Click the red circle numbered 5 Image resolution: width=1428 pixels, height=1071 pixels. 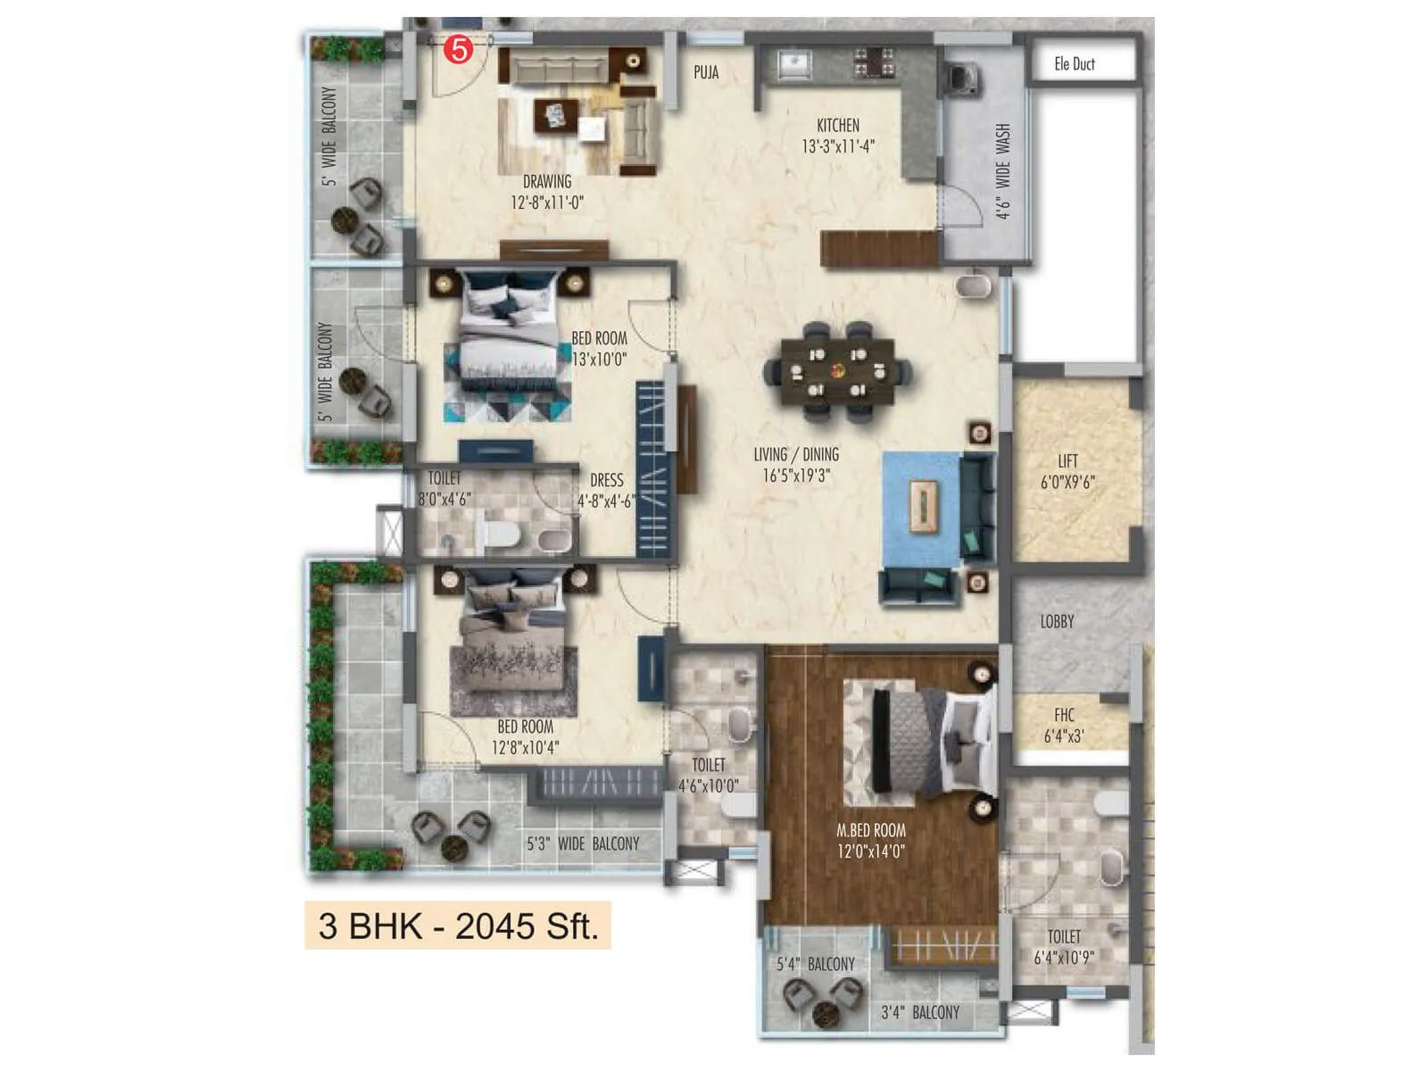(x=459, y=50)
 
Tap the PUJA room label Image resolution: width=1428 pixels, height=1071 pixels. (x=706, y=72)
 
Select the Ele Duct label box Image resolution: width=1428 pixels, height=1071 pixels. (x=1080, y=63)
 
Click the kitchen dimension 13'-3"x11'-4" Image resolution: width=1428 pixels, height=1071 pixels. (x=838, y=146)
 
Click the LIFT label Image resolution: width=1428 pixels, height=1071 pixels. (x=1067, y=461)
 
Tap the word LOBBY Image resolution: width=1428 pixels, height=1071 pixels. (x=1057, y=621)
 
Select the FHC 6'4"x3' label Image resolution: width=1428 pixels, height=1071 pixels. (x=1064, y=726)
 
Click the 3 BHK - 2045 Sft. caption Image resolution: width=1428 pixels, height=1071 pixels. (x=458, y=926)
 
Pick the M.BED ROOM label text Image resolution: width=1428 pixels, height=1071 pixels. (x=871, y=830)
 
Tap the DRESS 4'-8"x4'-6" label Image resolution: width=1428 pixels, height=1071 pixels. (x=606, y=491)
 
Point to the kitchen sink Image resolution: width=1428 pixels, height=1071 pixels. (x=793, y=63)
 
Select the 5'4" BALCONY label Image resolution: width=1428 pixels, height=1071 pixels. (x=815, y=964)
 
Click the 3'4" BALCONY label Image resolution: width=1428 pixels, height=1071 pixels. (x=920, y=1012)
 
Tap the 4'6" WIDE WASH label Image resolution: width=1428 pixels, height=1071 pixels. (x=1003, y=170)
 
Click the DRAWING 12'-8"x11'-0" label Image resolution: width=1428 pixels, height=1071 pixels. (x=547, y=192)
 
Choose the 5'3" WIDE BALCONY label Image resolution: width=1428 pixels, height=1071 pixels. (x=583, y=843)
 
